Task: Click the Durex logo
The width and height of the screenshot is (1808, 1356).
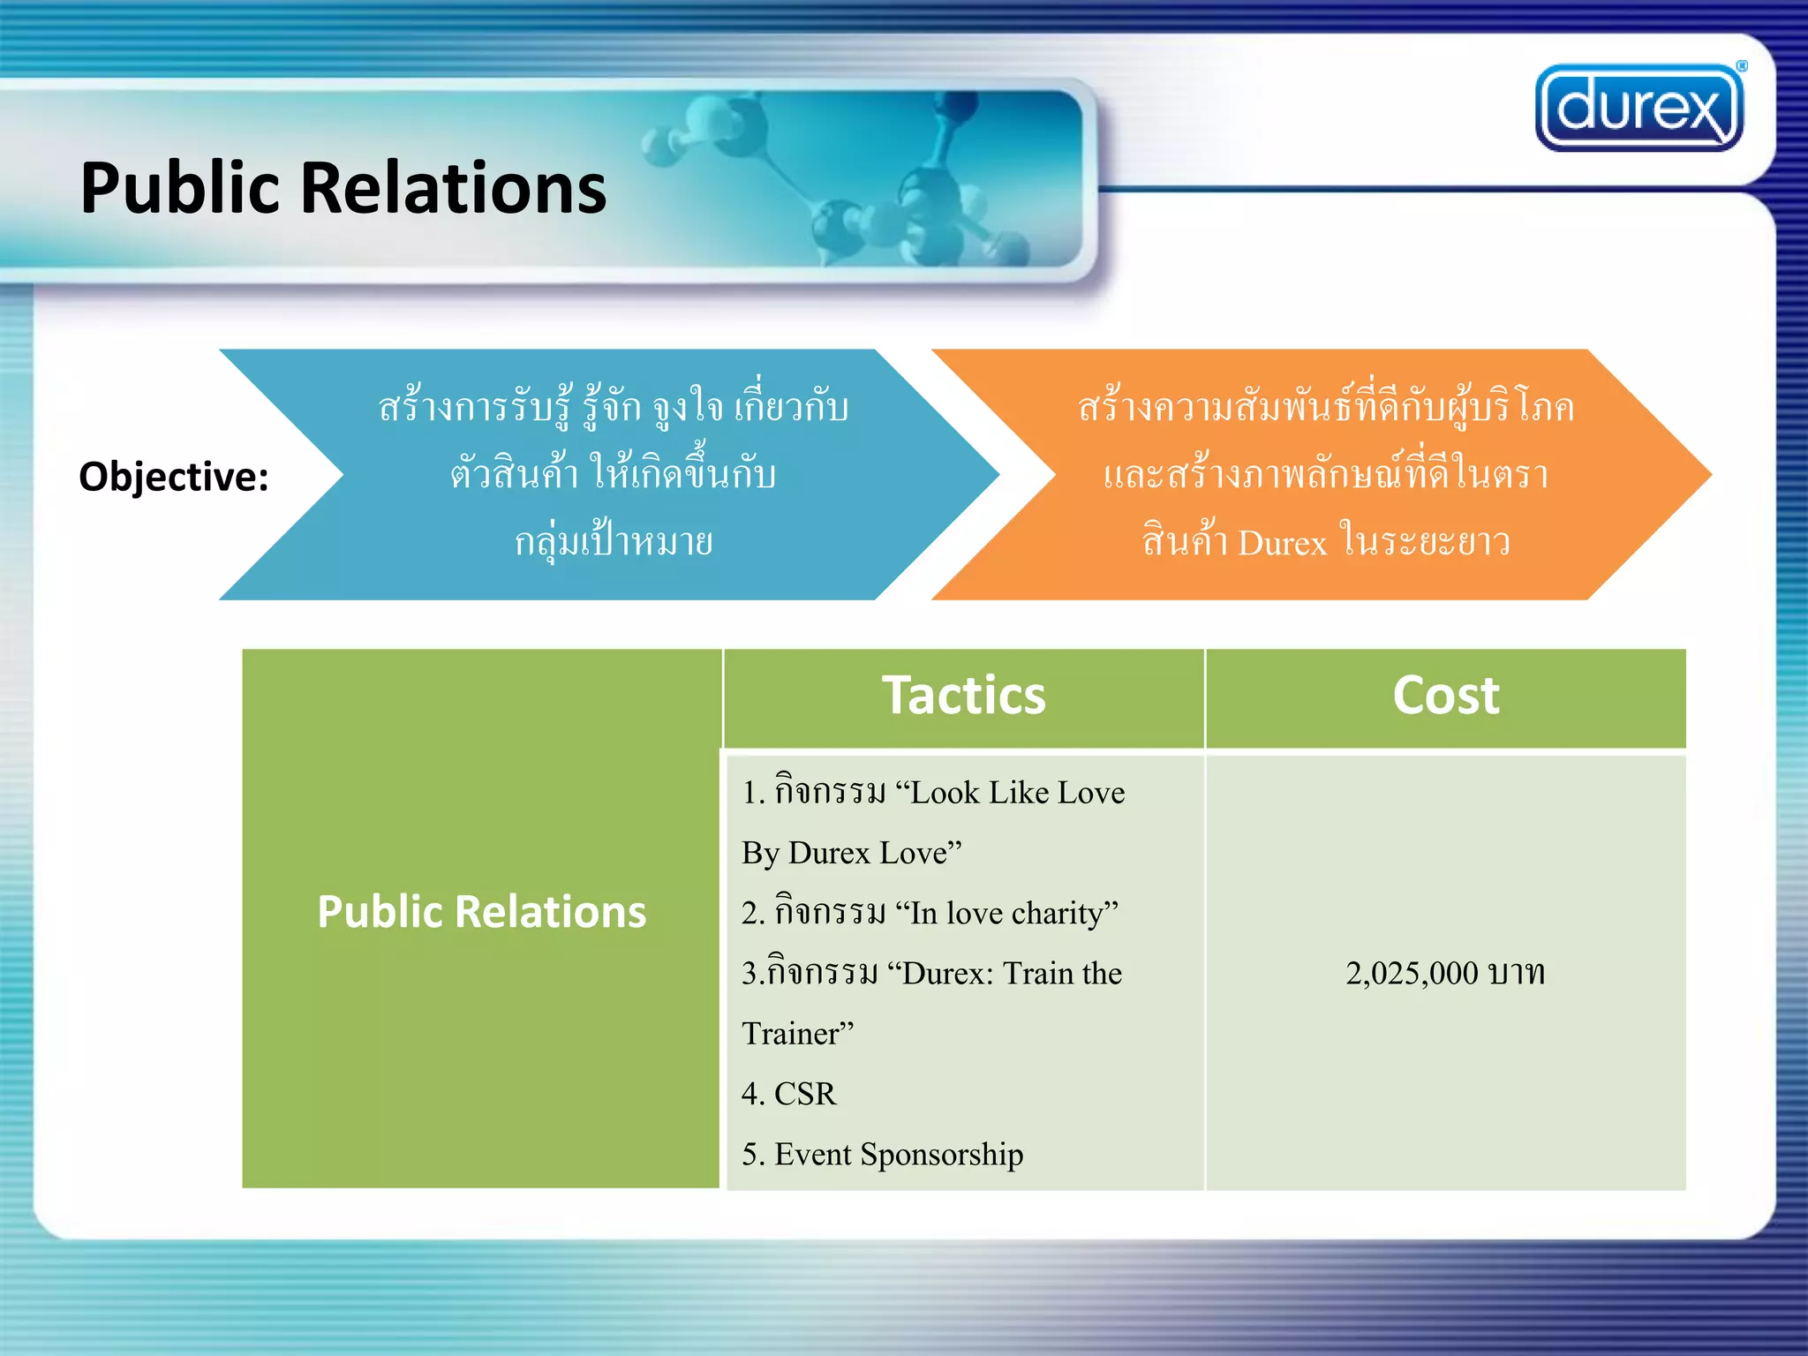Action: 1638,108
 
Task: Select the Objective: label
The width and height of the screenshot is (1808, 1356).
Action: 174,477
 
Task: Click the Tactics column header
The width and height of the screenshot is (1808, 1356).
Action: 963,696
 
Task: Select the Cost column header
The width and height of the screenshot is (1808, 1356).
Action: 1445,696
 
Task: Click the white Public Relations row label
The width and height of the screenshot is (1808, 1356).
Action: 481,912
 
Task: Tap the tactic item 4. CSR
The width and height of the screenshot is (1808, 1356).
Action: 788,1094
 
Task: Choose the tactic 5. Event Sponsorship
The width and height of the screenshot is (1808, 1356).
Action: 882,1154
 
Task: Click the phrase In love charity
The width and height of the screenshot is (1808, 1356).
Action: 1006,913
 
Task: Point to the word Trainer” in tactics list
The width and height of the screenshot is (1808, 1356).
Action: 797,1034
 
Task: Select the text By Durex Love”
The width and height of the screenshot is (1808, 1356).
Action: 851,853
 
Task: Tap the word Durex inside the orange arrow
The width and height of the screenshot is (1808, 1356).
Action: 1282,543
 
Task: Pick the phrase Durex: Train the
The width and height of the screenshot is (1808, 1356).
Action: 1012,974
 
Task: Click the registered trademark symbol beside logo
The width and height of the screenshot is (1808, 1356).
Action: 1742,66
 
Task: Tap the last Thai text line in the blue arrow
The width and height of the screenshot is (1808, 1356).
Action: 614,542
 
